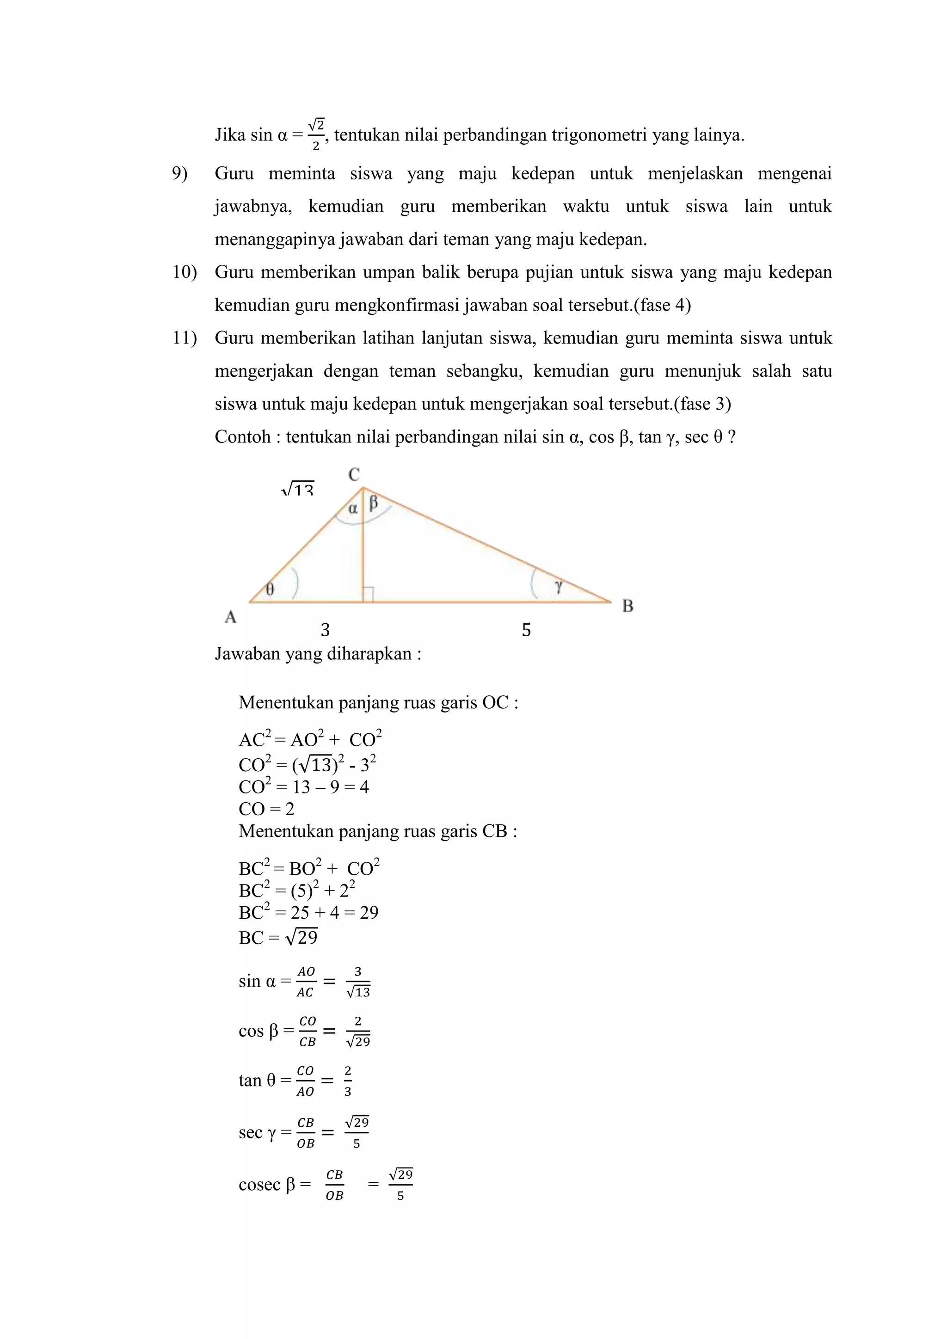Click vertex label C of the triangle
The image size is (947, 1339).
tap(354, 475)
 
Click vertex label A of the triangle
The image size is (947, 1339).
tap(230, 616)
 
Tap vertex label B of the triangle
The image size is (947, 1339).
tap(627, 606)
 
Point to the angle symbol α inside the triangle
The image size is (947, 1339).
tap(353, 509)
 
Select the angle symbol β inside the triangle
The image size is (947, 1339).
tap(374, 502)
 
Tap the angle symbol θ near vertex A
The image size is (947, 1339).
tap(270, 589)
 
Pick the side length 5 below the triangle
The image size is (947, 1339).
tap(526, 630)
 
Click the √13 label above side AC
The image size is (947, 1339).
tap(298, 490)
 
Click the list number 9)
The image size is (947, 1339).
tap(179, 174)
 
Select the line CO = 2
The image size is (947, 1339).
tap(266, 809)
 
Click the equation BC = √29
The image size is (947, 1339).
tap(278, 938)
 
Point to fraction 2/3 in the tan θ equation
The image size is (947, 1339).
tap(348, 1081)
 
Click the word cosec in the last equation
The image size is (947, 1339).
tap(259, 1185)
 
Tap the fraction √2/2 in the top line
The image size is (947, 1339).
tap(315, 135)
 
